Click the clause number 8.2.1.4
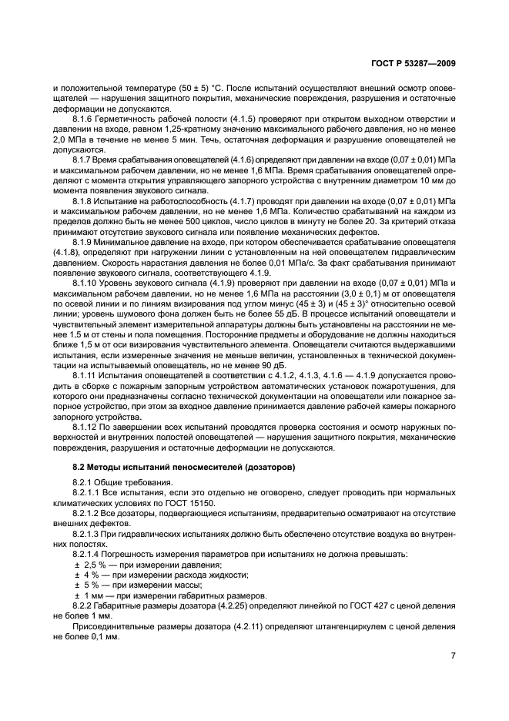tap(90, 554)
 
